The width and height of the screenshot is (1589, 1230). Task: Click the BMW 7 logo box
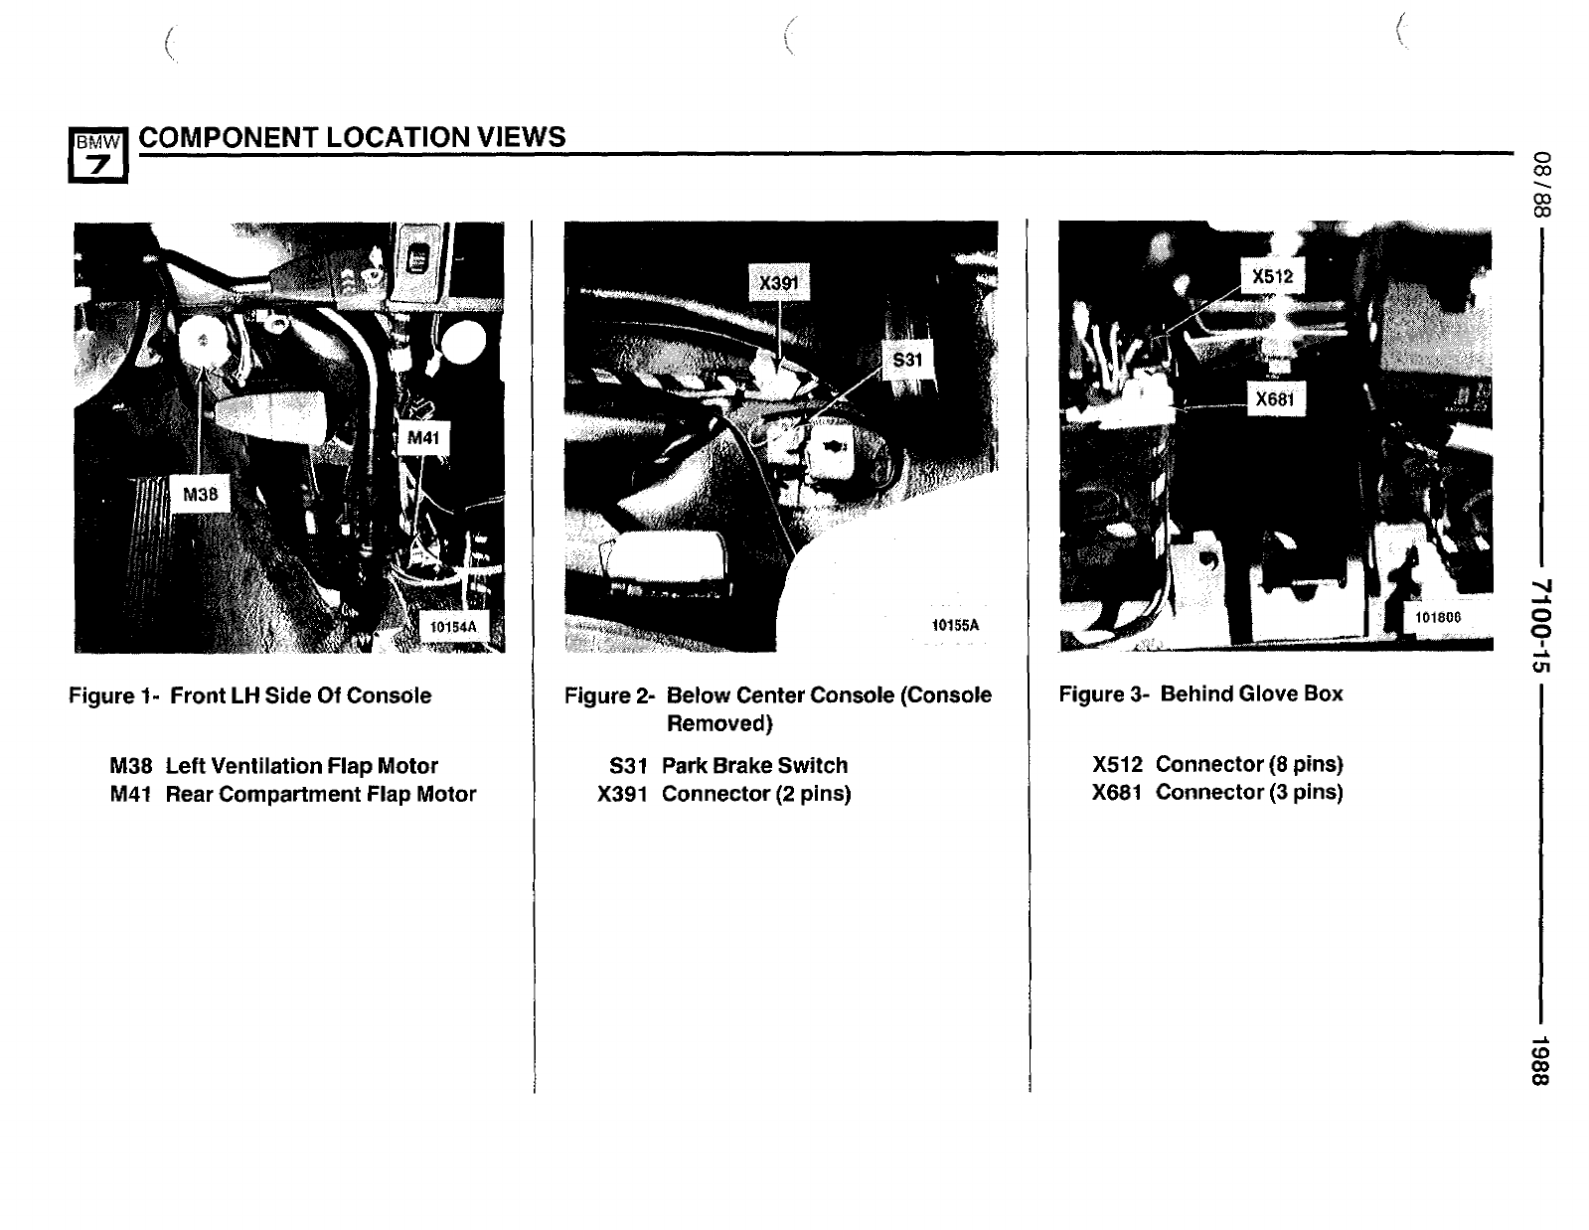click(98, 155)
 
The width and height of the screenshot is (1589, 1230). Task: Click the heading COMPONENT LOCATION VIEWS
click(352, 137)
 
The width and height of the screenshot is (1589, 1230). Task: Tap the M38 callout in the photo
click(201, 494)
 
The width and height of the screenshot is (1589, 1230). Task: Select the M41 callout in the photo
click(423, 437)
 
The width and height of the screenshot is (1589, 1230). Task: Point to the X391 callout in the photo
click(779, 282)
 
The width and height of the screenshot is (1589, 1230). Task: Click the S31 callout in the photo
click(907, 360)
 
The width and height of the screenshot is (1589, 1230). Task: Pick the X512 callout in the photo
click(1272, 276)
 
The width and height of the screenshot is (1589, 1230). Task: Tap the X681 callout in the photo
click(1275, 398)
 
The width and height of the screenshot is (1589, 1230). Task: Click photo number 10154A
click(452, 626)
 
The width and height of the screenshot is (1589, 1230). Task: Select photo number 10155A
click(955, 625)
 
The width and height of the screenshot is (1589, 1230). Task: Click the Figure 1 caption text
click(250, 695)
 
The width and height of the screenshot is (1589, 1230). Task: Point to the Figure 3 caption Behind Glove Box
click(1200, 693)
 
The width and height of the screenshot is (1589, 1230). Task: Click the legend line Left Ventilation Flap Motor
click(273, 765)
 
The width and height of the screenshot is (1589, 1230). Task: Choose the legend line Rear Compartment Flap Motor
click(292, 794)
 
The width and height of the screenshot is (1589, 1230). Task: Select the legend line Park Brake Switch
click(728, 765)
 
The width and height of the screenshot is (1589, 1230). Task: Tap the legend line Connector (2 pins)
click(723, 794)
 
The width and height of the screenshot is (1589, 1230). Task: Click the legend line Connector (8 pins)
click(1217, 764)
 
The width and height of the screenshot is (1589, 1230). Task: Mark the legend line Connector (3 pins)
click(1217, 792)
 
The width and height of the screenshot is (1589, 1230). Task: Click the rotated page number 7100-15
click(1540, 626)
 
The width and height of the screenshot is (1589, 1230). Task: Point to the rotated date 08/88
click(1540, 184)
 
